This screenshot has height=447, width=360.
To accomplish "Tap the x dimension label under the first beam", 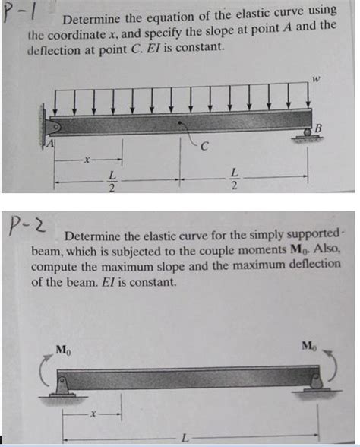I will (x=89, y=160).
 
